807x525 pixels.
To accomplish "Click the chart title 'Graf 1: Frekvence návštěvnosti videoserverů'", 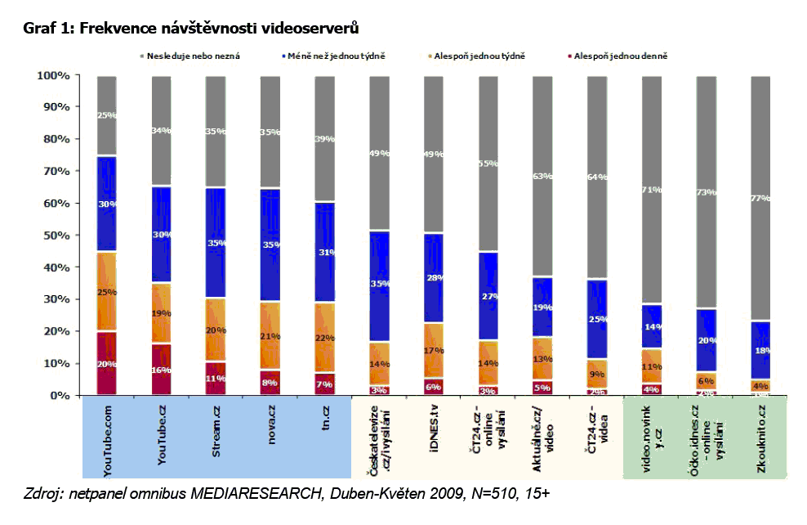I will pyautogui.click(x=191, y=29).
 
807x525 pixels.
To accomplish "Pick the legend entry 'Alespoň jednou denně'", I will pyautogui.click(x=616, y=56).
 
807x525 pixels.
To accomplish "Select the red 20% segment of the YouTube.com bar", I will pyautogui.click(x=107, y=363).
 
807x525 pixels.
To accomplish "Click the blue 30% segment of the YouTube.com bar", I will pyautogui.click(x=107, y=204).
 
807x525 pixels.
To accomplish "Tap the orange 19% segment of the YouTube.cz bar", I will pyautogui.click(x=162, y=313).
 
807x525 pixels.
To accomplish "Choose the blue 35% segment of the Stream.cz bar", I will pyautogui.click(x=216, y=243).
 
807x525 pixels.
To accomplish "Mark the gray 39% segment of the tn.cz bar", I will pyautogui.click(x=325, y=139).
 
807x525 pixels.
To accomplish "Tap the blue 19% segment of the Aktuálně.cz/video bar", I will pyautogui.click(x=543, y=307).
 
